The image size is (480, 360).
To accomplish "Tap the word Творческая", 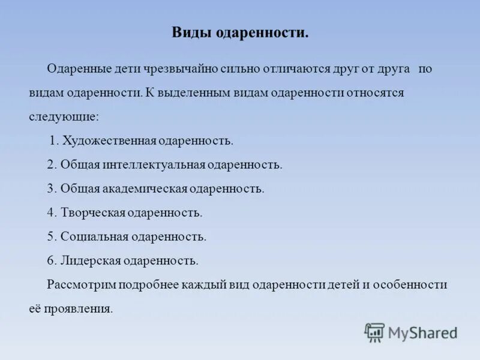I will [x=88, y=213].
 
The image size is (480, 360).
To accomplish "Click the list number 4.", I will [x=50, y=213].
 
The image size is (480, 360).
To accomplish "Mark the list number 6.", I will [x=50, y=261].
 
